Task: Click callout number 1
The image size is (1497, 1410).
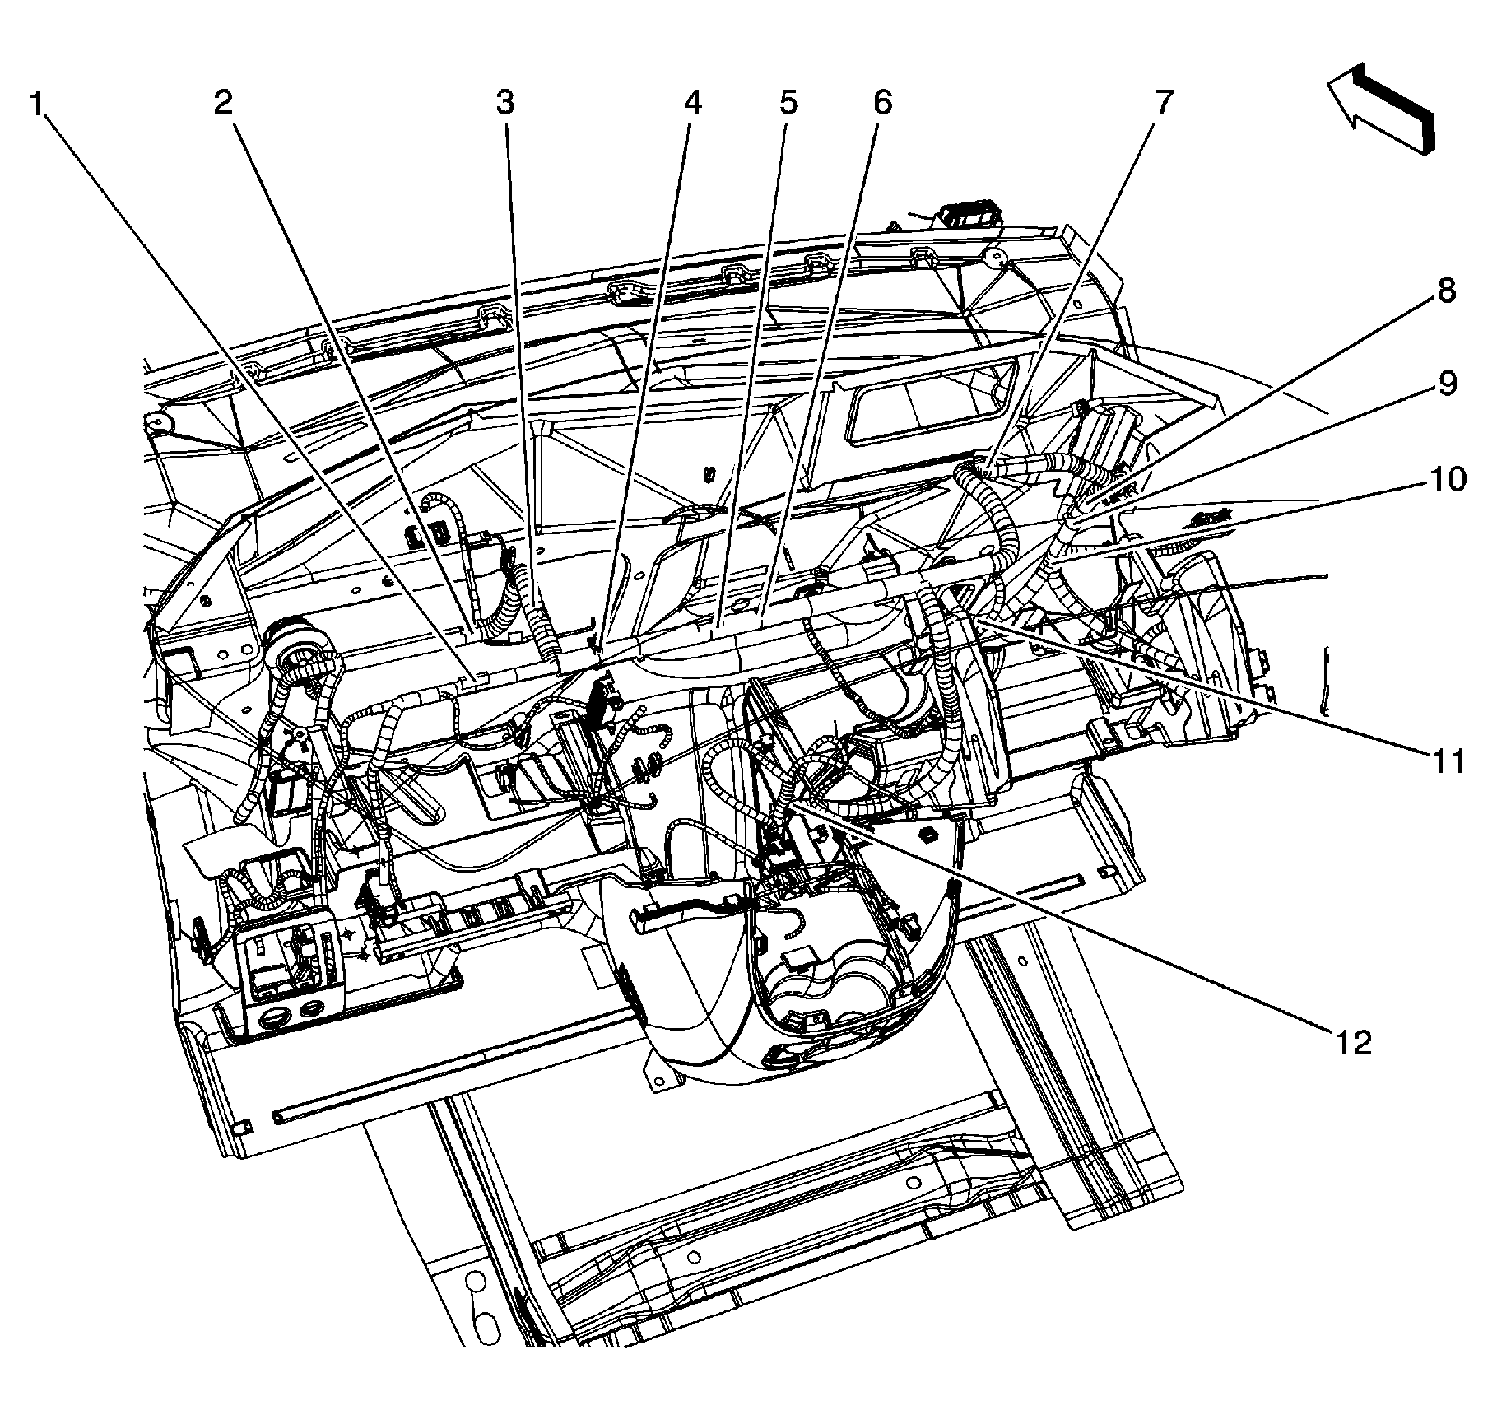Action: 36,105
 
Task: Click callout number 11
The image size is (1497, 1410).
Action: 1447,761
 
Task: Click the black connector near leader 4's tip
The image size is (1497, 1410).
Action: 605,692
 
